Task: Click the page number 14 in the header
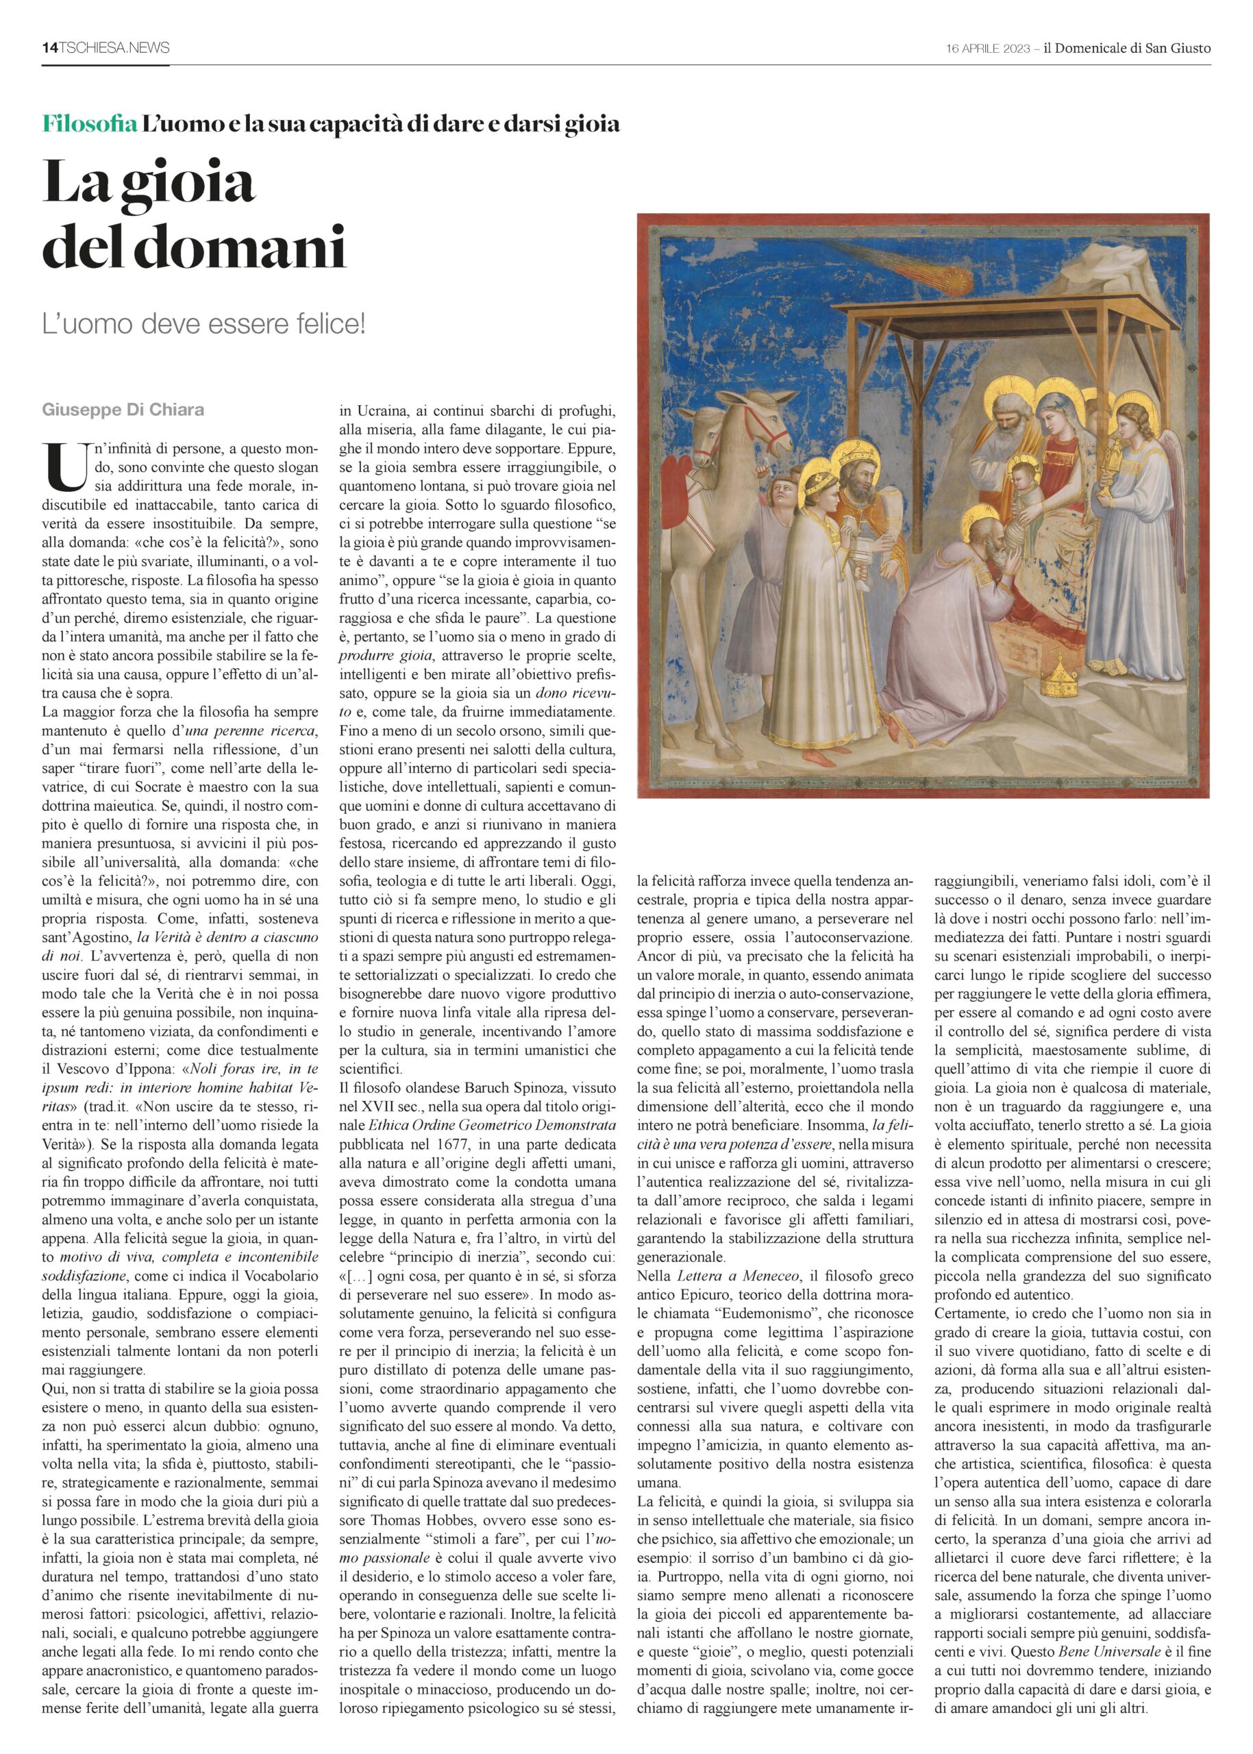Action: (x=49, y=48)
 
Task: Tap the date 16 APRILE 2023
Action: (x=988, y=49)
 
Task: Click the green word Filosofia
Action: (x=90, y=123)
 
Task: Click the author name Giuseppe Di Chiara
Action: (x=123, y=410)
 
